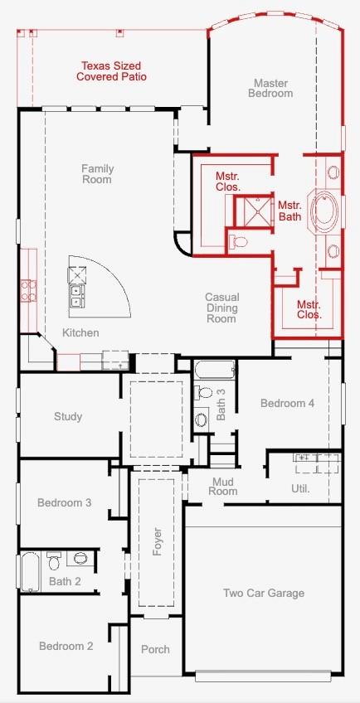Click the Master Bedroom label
[x=270, y=89]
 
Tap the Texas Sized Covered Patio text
[x=111, y=71]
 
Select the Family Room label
[x=97, y=174]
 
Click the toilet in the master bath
[x=238, y=242]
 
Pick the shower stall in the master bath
[x=254, y=212]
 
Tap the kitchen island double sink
[x=75, y=295]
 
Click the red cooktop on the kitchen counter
[x=25, y=290]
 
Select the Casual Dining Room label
[x=221, y=308]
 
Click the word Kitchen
[x=80, y=332]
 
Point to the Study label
[x=68, y=416]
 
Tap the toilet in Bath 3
[x=202, y=393]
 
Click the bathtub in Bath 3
[x=214, y=371]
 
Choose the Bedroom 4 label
[x=287, y=403]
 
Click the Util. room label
[x=300, y=489]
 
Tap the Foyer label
[x=157, y=542]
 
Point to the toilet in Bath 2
[x=54, y=560]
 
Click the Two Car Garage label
[x=264, y=594]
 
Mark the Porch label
[x=155, y=649]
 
